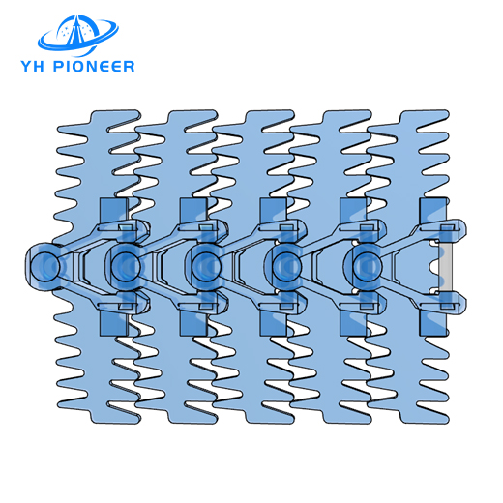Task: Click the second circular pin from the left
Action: point(126,261)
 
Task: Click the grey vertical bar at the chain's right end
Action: point(447,262)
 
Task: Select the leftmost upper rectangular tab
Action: point(112,213)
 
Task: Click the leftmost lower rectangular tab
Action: point(112,314)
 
